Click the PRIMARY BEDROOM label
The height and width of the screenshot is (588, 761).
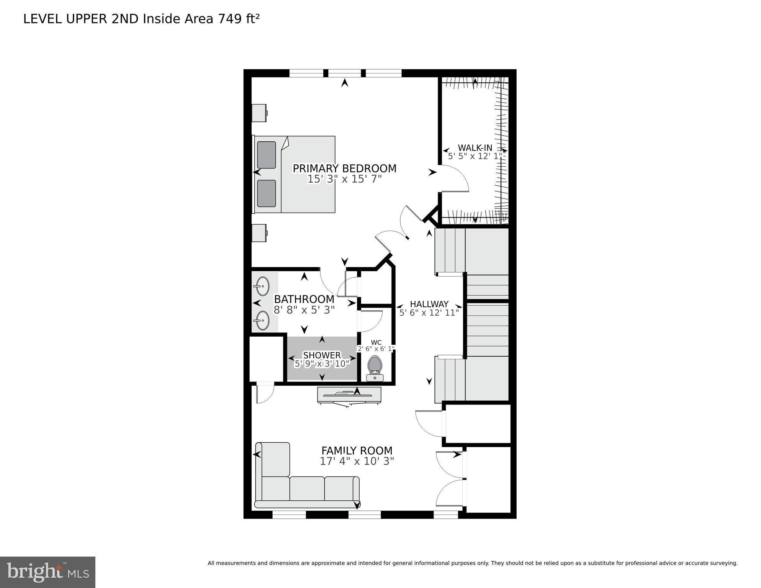coord(344,169)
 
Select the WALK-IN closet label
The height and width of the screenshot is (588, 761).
coord(475,148)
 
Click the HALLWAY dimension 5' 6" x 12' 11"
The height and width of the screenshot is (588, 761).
coord(429,313)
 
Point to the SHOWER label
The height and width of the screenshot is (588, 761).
coord(322,355)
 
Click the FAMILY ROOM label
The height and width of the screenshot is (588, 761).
coord(357,450)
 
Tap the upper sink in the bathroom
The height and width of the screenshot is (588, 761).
coord(262,286)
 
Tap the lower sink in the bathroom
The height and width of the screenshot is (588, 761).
coord(262,320)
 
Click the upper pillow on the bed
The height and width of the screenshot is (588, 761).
coord(267,155)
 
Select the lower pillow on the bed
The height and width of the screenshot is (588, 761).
coord(267,193)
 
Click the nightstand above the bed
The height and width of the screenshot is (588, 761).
coord(259,113)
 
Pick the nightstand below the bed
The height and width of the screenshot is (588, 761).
coord(259,233)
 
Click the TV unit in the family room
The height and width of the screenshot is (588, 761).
coord(349,395)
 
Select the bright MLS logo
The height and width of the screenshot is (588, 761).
coord(47,572)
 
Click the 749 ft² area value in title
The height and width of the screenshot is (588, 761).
coord(239,19)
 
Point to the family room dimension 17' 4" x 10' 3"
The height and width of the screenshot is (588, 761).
coord(357,461)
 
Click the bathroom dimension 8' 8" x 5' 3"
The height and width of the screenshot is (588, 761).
coord(304,310)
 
